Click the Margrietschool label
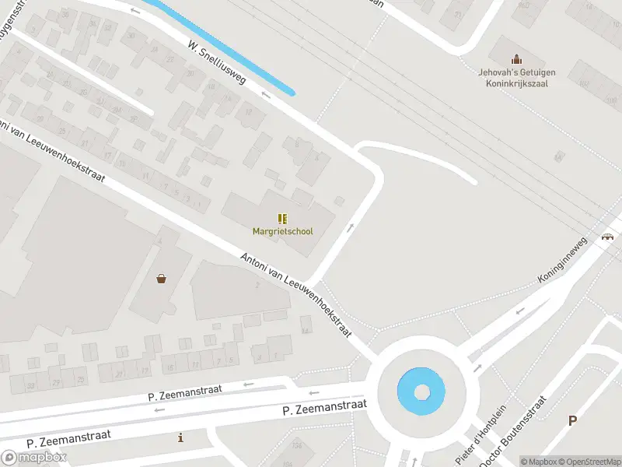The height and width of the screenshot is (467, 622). pos(283,231)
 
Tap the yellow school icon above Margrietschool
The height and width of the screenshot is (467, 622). pos(283,219)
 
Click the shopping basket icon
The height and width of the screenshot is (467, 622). pos(161,278)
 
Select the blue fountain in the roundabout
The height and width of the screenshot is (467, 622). pos(421,390)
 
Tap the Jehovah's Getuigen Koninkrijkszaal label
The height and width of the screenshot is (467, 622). pos(513,79)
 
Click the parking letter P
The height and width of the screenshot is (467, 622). pos(573,420)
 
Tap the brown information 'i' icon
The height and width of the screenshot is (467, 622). pos(181,438)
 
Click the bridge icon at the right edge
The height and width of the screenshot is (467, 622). pos(607,237)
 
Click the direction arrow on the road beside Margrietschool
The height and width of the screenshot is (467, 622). pos(351,228)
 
